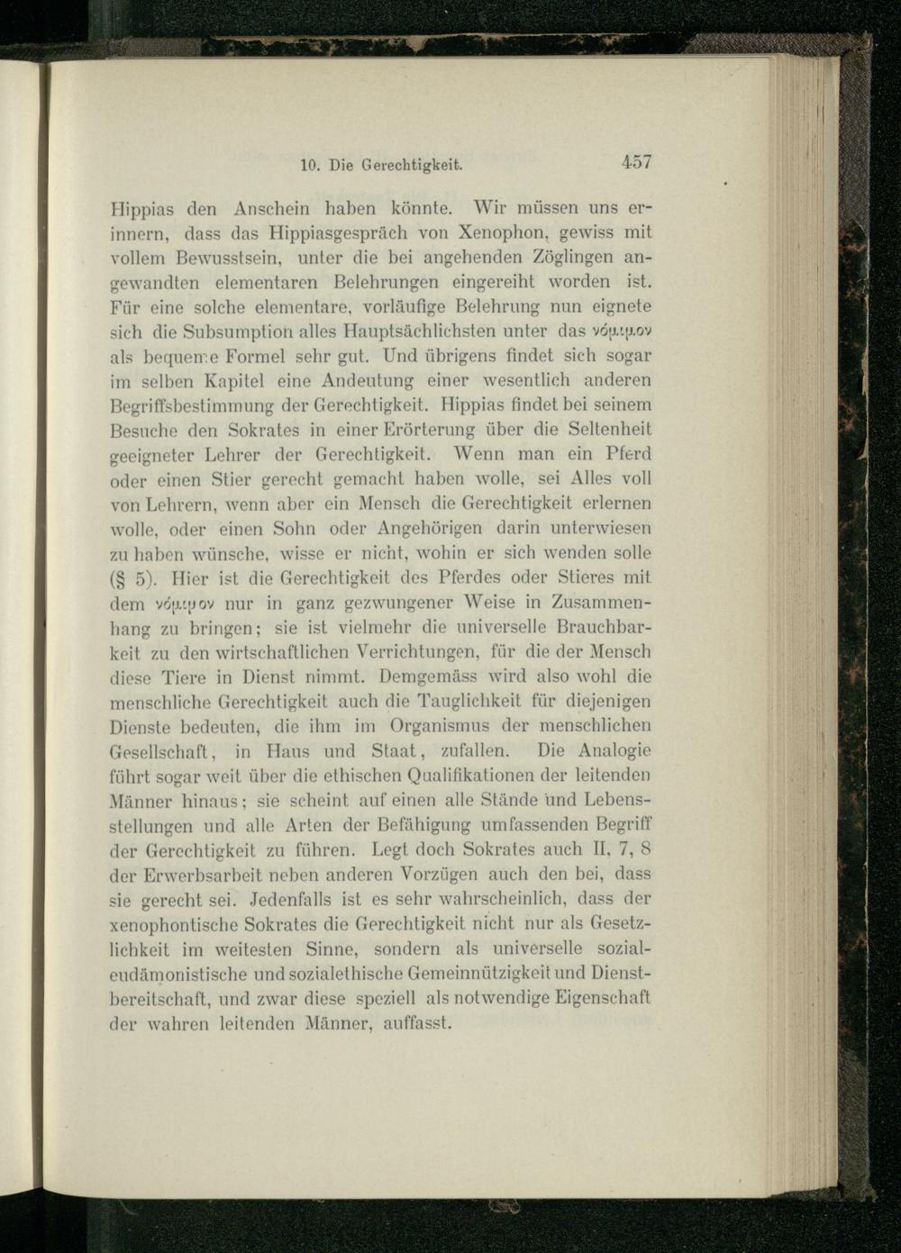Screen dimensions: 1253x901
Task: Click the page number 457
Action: pos(636,163)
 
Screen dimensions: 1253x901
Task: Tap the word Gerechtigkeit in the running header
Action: pos(414,166)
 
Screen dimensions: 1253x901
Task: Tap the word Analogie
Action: pos(614,750)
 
